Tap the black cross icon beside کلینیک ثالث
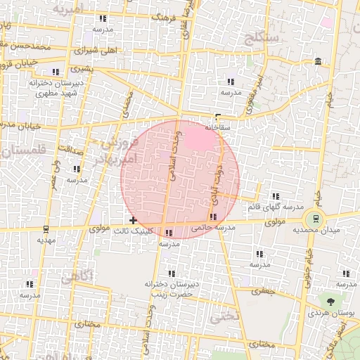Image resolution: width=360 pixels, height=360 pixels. (134, 221)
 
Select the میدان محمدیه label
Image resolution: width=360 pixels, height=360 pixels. (316, 230)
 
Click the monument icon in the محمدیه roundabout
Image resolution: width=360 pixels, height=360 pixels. (315, 218)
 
